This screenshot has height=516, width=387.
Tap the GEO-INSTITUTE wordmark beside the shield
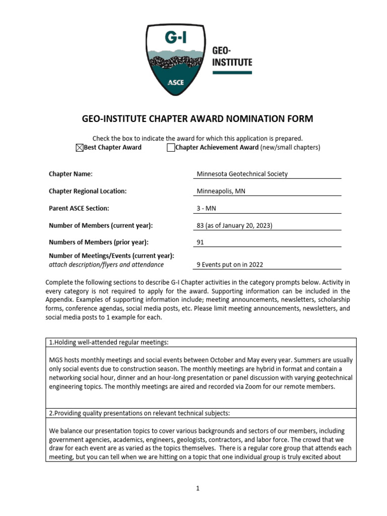tap(232, 57)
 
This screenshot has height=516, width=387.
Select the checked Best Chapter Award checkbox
tap(79, 148)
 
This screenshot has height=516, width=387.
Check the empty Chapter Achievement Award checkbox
tap(170, 148)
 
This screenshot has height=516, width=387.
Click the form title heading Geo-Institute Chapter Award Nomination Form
tap(198, 119)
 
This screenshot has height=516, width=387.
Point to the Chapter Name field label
tap(71, 174)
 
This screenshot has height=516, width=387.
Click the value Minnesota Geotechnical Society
tap(242, 174)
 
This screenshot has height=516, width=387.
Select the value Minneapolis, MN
tap(221, 191)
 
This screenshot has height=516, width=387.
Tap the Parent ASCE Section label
tap(79, 208)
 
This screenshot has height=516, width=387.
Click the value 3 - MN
tap(206, 208)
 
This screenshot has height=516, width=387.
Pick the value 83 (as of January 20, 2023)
tap(234, 225)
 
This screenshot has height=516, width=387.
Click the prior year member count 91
tap(200, 242)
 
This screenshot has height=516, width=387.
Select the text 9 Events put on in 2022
tap(230, 265)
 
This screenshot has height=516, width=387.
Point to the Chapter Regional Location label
tap(88, 191)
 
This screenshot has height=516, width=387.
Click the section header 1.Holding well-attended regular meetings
tap(108, 343)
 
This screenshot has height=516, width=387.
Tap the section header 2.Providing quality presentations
tap(139, 413)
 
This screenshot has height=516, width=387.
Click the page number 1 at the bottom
tap(198, 488)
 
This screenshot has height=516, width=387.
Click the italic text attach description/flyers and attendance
tap(106, 264)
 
